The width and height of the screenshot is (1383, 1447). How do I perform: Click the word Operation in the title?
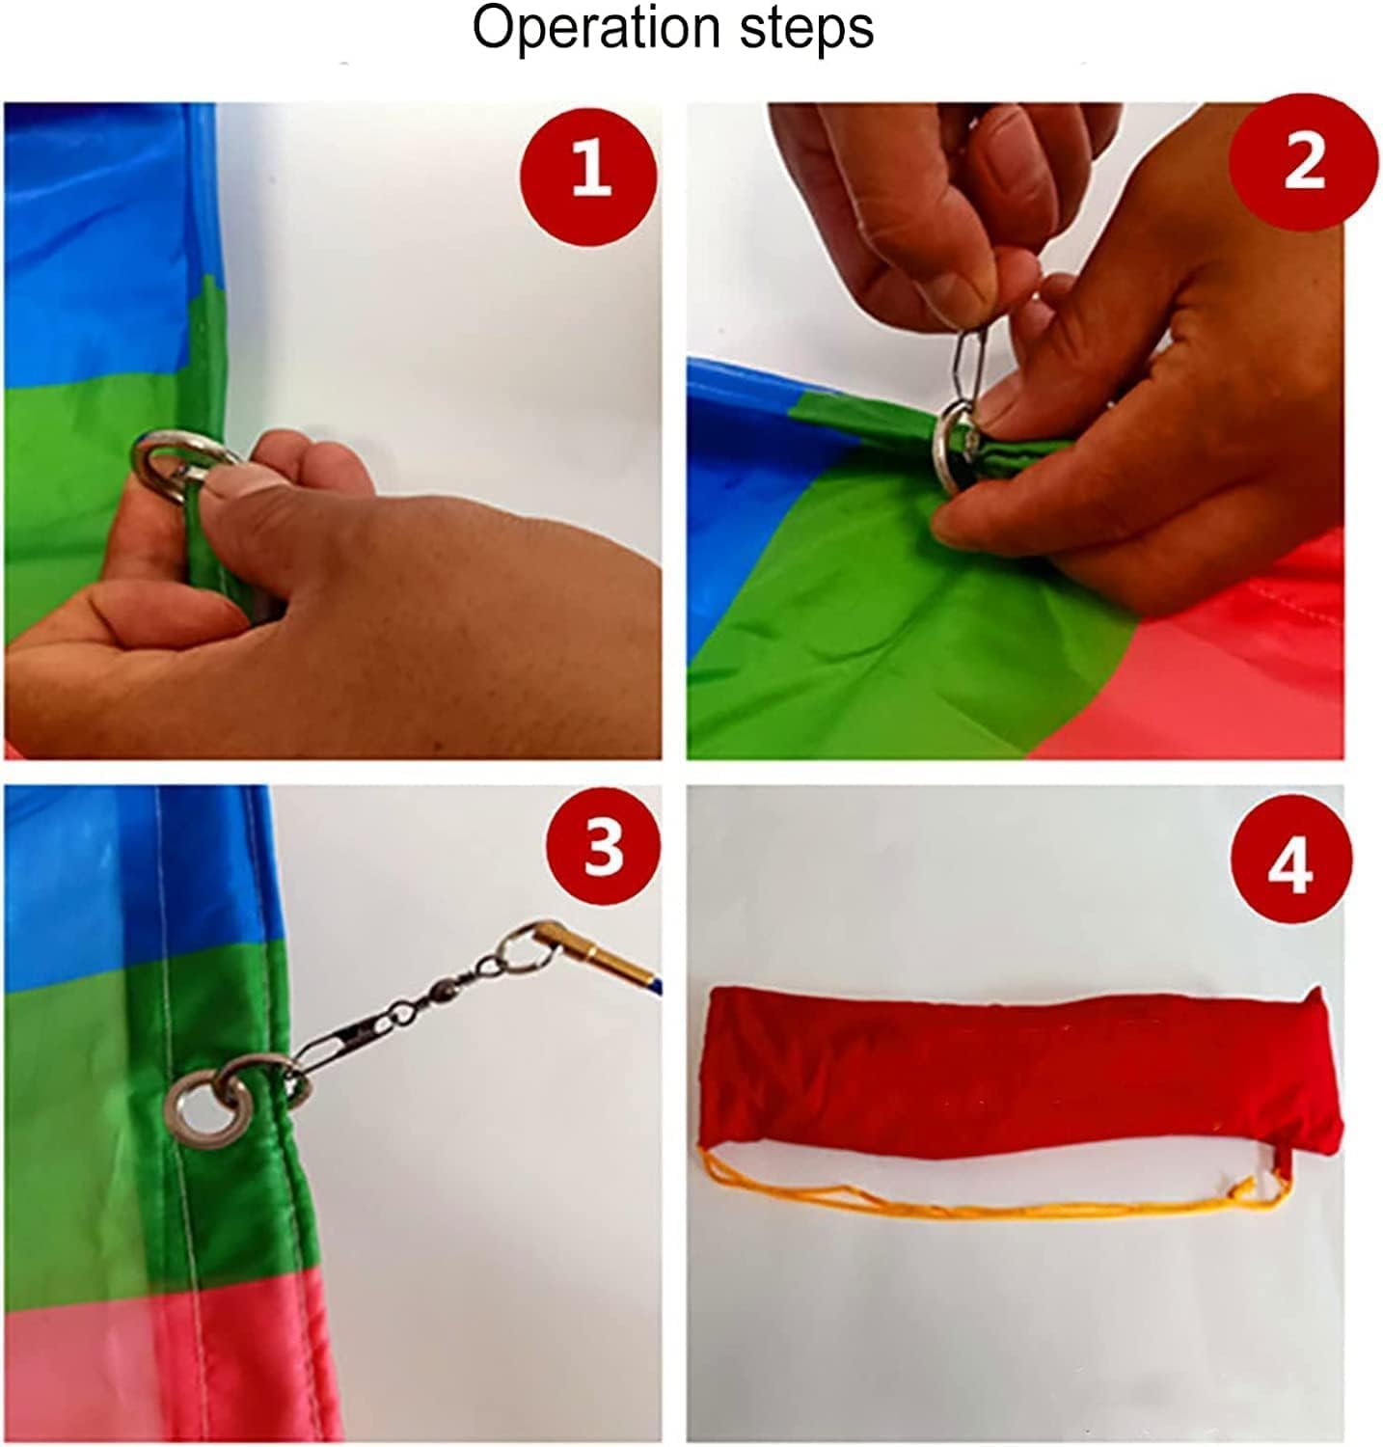597,30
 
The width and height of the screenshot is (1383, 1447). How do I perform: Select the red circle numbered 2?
1304,161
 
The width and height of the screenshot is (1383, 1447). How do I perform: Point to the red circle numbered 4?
1290,861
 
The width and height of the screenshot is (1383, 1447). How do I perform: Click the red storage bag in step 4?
1020,1069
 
